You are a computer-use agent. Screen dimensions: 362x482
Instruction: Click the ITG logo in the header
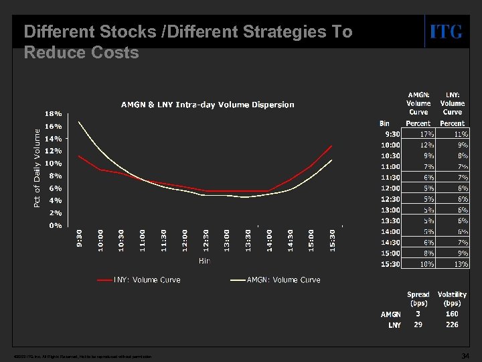click(x=445, y=32)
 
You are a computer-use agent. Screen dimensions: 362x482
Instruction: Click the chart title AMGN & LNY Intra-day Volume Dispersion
click(x=207, y=105)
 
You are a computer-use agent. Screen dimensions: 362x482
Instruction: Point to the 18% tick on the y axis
click(x=54, y=113)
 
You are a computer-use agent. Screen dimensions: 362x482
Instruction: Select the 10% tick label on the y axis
click(x=54, y=163)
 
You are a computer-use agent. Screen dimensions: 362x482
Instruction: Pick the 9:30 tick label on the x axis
click(x=80, y=239)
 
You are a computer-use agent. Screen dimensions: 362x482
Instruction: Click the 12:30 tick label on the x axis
click(x=206, y=241)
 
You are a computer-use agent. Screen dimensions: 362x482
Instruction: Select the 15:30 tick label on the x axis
click(x=332, y=241)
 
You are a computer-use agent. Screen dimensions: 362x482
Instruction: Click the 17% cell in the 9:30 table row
click(x=418, y=134)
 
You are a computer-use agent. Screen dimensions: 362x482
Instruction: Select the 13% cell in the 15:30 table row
click(x=452, y=264)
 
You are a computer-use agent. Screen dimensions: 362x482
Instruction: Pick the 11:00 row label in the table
click(x=390, y=166)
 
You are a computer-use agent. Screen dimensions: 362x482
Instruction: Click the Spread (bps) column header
click(x=418, y=299)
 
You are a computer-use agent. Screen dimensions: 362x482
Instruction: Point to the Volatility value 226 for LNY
click(x=452, y=324)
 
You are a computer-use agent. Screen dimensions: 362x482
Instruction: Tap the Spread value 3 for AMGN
click(x=418, y=313)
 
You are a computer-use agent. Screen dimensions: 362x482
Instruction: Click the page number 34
click(x=466, y=355)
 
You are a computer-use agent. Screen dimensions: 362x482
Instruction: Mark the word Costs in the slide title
click(x=115, y=52)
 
